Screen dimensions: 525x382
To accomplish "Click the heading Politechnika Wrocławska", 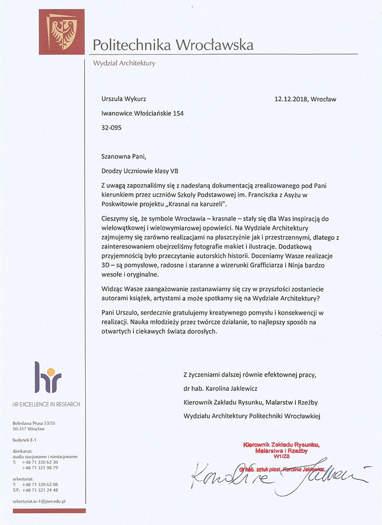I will point(173,45).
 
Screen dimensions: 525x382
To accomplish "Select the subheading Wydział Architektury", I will point(124,63).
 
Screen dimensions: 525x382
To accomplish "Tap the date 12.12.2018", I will point(291,99).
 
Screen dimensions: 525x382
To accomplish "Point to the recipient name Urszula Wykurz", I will point(125,99).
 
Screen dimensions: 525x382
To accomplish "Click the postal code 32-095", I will point(111,128).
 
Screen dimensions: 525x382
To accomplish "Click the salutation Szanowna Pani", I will point(121,156).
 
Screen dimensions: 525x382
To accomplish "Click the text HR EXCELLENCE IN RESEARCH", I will point(46,404).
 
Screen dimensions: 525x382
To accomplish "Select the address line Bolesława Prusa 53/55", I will point(34,423).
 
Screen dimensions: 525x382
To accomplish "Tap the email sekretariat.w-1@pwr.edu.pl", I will point(39,501).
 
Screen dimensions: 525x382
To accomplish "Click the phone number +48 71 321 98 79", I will point(40,467).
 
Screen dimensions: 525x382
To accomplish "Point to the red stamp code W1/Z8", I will point(282,457).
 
